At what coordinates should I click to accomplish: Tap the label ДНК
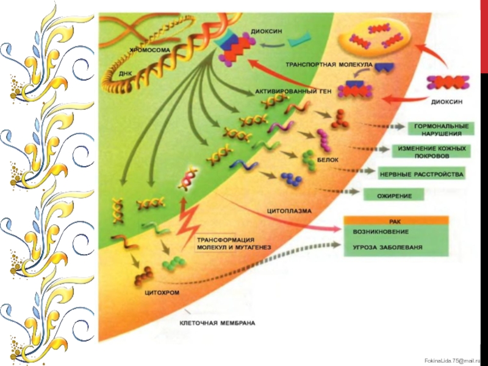pyautogui.click(x=126, y=73)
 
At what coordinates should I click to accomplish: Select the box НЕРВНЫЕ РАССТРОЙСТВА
pyautogui.click(x=422, y=174)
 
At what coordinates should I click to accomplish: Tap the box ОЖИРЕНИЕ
pyautogui.click(x=395, y=196)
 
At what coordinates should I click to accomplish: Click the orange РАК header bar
pyautogui.click(x=396, y=220)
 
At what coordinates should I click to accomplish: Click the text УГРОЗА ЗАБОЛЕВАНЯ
pyautogui.click(x=388, y=248)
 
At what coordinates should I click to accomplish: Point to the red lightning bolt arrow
pyautogui.click(x=187, y=220)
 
